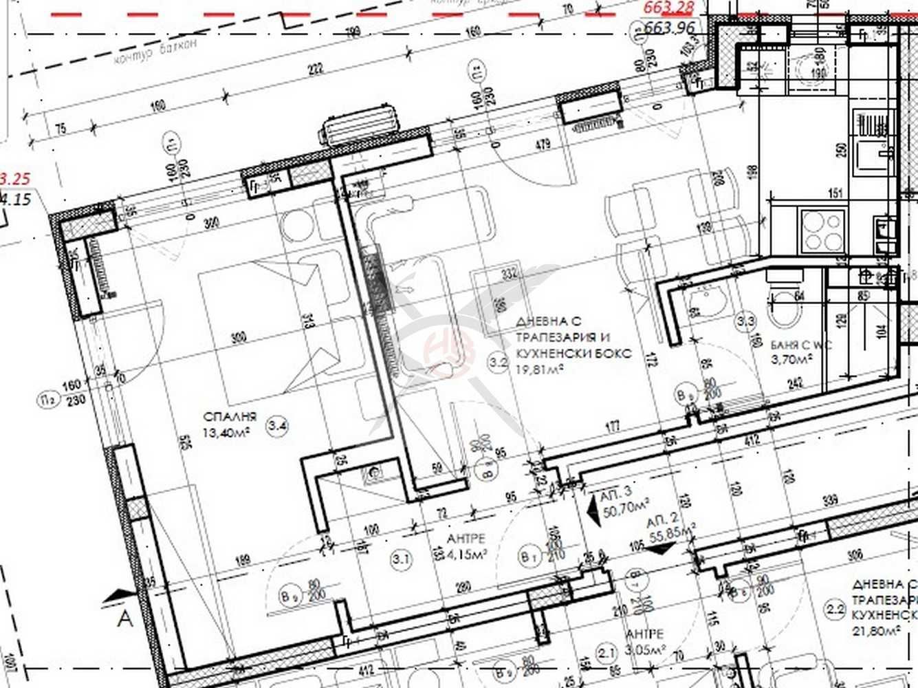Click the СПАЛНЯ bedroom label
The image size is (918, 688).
230,416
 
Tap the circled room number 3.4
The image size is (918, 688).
278,427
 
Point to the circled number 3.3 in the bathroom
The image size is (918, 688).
746,321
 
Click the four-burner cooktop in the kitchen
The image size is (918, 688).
823,231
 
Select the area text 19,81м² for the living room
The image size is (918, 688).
540,369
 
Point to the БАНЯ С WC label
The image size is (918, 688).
801,345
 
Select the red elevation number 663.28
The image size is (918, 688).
669,8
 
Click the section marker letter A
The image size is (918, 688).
124,619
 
